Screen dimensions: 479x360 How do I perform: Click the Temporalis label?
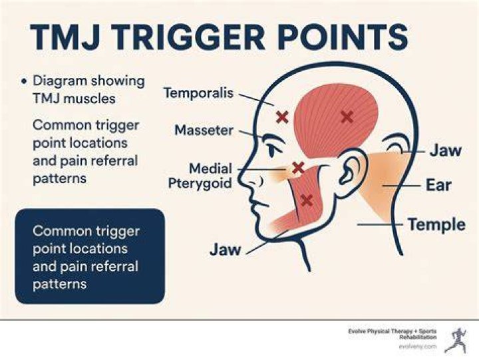(x=198, y=92)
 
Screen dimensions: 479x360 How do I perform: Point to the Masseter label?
(x=204, y=130)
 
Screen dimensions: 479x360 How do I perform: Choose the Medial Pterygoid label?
(x=200, y=176)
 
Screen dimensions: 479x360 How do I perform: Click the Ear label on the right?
(x=438, y=185)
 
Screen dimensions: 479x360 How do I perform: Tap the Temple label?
(x=437, y=224)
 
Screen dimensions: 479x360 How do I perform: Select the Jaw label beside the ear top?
(x=446, y=150)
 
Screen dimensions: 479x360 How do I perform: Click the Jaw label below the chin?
(x=226, y=250)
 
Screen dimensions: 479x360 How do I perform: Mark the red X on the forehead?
(x=282, y=117)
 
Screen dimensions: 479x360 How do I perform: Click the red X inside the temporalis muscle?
(x=347, y=116)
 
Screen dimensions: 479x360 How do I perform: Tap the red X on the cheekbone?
(x=298, y=168)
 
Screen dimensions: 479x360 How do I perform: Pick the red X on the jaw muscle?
(x=307, y=200)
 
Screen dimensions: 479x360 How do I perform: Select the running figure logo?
(x=456, y=340)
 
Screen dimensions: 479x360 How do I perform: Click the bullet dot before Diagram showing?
(x=24, y=82)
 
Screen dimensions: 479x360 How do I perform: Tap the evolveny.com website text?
(x=418, y=347)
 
